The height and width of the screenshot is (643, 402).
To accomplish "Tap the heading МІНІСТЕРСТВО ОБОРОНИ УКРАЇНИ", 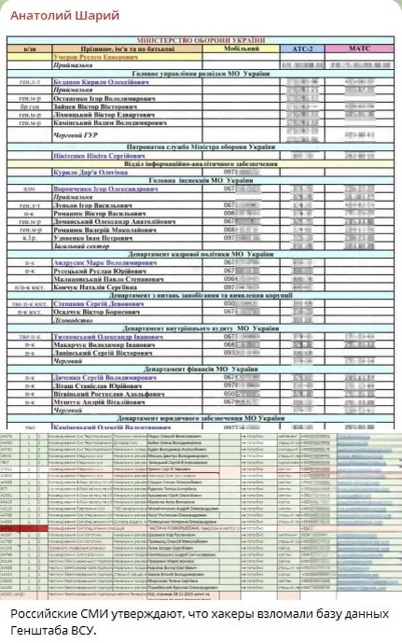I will (x=201, y=39).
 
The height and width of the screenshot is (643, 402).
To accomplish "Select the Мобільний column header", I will (x=241, y=48).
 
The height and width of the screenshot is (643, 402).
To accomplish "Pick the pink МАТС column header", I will (x=359, y=48).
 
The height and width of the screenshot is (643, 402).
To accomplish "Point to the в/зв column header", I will (x=29, y=48).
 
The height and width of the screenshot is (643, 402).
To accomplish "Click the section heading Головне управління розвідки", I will (x=201, y=74).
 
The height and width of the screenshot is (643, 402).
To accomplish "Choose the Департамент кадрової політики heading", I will (x=201, y=254).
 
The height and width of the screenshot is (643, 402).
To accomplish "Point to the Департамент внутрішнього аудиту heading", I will (x=201, y=328).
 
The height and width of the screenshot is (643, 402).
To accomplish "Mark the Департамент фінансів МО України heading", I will (x=201, y=369).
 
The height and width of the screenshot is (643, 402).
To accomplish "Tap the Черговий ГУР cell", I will (x=71, y=135).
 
